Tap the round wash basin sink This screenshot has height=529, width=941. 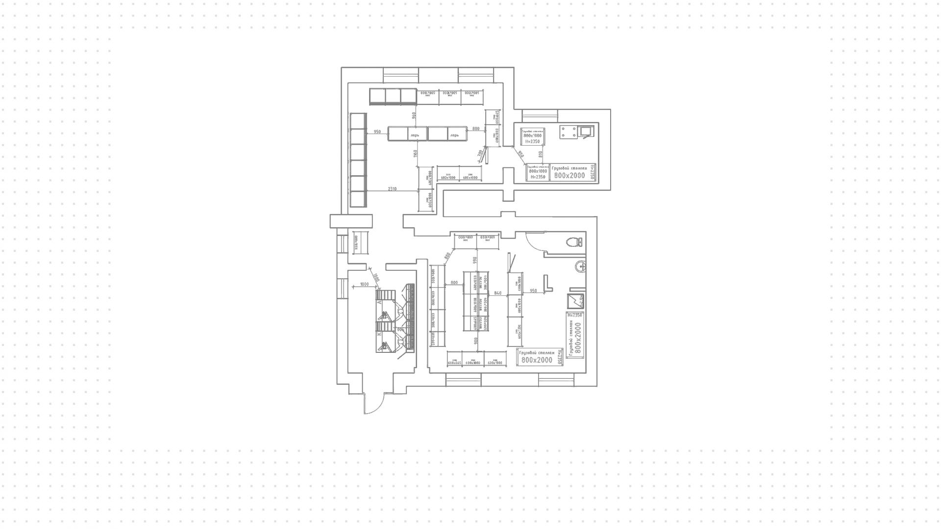click(x=580, y=266)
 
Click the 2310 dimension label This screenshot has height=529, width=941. click(x=393, y=188)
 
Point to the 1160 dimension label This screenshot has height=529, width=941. click(x=415, y=154)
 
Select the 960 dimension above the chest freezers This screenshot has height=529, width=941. click(x=414, y=116)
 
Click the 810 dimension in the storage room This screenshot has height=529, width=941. click(x=540, y=155)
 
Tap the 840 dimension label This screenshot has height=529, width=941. click(x=498, y=293)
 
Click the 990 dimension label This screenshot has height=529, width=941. click(x=474, y=260)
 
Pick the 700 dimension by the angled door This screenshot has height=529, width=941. click(x=480, y=154)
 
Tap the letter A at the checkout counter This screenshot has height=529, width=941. click(x=380, y=303)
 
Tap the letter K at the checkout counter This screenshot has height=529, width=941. click(x=380, y=334)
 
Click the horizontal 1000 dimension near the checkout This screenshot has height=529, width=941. click(x=364, y=284)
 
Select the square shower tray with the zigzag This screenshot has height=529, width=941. click(x=575, y=300)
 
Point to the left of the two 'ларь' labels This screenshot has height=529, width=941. click(x=415, y=134)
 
